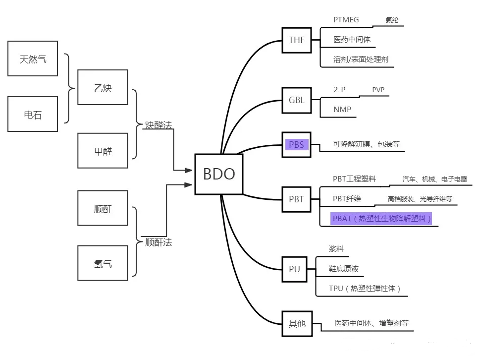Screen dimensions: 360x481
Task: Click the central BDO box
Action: coord(218,174)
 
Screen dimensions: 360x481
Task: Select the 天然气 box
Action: coord(33,59)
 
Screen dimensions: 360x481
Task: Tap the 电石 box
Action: coord(33,114)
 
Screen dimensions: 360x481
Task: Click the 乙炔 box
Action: coord(103,88)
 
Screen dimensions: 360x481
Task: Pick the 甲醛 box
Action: coord(103,151)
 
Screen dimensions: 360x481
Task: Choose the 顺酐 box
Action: coord(103,208)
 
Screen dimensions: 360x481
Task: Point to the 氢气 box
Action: coord(103,263)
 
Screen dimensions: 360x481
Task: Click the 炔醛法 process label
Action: coord(158,125)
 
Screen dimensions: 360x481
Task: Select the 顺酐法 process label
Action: coord(158,242)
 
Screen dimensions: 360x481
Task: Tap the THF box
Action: coord(296,40)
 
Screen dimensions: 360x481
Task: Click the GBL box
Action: coord(296,100)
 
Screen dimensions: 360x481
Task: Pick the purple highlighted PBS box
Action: coord(296,145)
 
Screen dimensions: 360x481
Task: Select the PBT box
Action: coord(296,199)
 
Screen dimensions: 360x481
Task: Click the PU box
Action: coord(294,269)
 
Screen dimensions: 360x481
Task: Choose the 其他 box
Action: coord(297,324)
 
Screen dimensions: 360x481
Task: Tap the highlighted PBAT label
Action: coord(381,218)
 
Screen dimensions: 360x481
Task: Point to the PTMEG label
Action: coord(346,20)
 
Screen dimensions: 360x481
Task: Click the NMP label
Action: coord(342,109)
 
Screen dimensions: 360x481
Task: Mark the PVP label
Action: coord(378,90)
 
